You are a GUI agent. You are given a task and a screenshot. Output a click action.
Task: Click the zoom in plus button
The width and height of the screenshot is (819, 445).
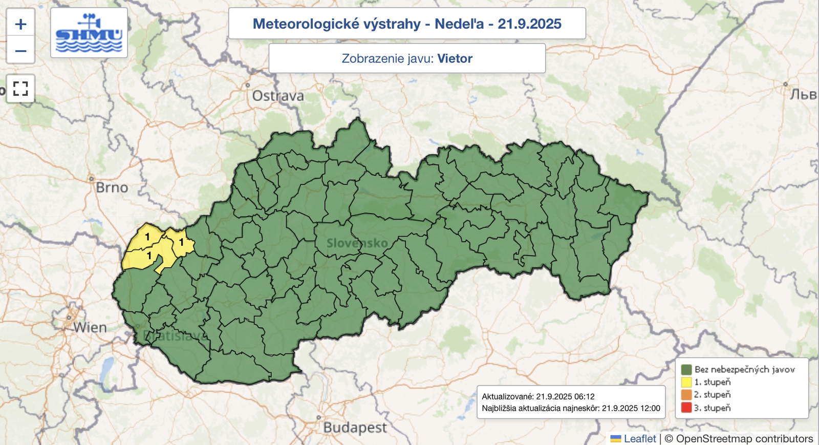[20, 24]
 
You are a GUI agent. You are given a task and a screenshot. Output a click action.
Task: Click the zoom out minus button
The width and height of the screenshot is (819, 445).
[20, 51]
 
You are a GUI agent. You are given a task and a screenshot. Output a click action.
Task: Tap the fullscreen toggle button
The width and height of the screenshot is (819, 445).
[20, 89]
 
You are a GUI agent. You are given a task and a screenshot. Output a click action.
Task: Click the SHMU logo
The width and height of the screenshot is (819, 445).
[89, 33]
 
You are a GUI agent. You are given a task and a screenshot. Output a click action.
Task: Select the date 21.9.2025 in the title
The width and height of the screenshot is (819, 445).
[529, 24]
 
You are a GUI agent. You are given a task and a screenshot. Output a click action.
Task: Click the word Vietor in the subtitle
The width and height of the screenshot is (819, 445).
[455, 58]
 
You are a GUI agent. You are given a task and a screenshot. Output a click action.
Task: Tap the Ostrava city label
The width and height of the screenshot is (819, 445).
[278, 96]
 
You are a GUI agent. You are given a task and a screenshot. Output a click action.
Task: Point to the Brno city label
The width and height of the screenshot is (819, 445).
[112, 187]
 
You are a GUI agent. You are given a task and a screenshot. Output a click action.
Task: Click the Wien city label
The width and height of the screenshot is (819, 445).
[90, 327]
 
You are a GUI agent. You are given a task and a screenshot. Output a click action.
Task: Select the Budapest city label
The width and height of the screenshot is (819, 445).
[355, 427]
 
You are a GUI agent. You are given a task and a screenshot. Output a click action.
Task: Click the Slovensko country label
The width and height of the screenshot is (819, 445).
[357, 243]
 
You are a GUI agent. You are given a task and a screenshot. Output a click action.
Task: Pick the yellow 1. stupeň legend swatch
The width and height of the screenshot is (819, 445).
[686, 382]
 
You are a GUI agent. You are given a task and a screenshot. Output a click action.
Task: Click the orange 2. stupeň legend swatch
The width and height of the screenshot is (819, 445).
[686, 395]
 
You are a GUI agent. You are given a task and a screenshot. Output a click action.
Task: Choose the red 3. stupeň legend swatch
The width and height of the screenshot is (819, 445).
[686, 408]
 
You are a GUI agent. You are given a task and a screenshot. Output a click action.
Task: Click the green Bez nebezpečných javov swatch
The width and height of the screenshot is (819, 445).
[686, 369]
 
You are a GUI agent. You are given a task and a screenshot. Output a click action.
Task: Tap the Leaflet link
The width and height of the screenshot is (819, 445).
[639, 438]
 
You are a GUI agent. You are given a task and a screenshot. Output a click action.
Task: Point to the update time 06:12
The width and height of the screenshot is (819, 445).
[584, 396]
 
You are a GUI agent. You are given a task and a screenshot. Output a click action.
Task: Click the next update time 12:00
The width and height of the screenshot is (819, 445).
[650, 408]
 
